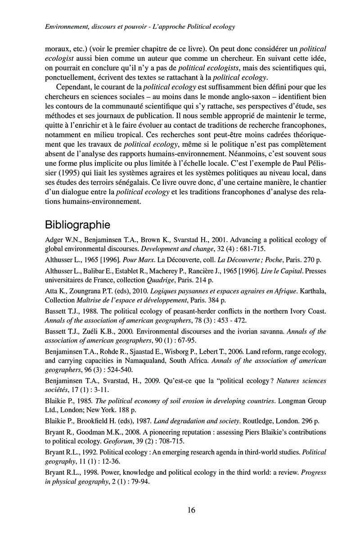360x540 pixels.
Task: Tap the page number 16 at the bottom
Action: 190,510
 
